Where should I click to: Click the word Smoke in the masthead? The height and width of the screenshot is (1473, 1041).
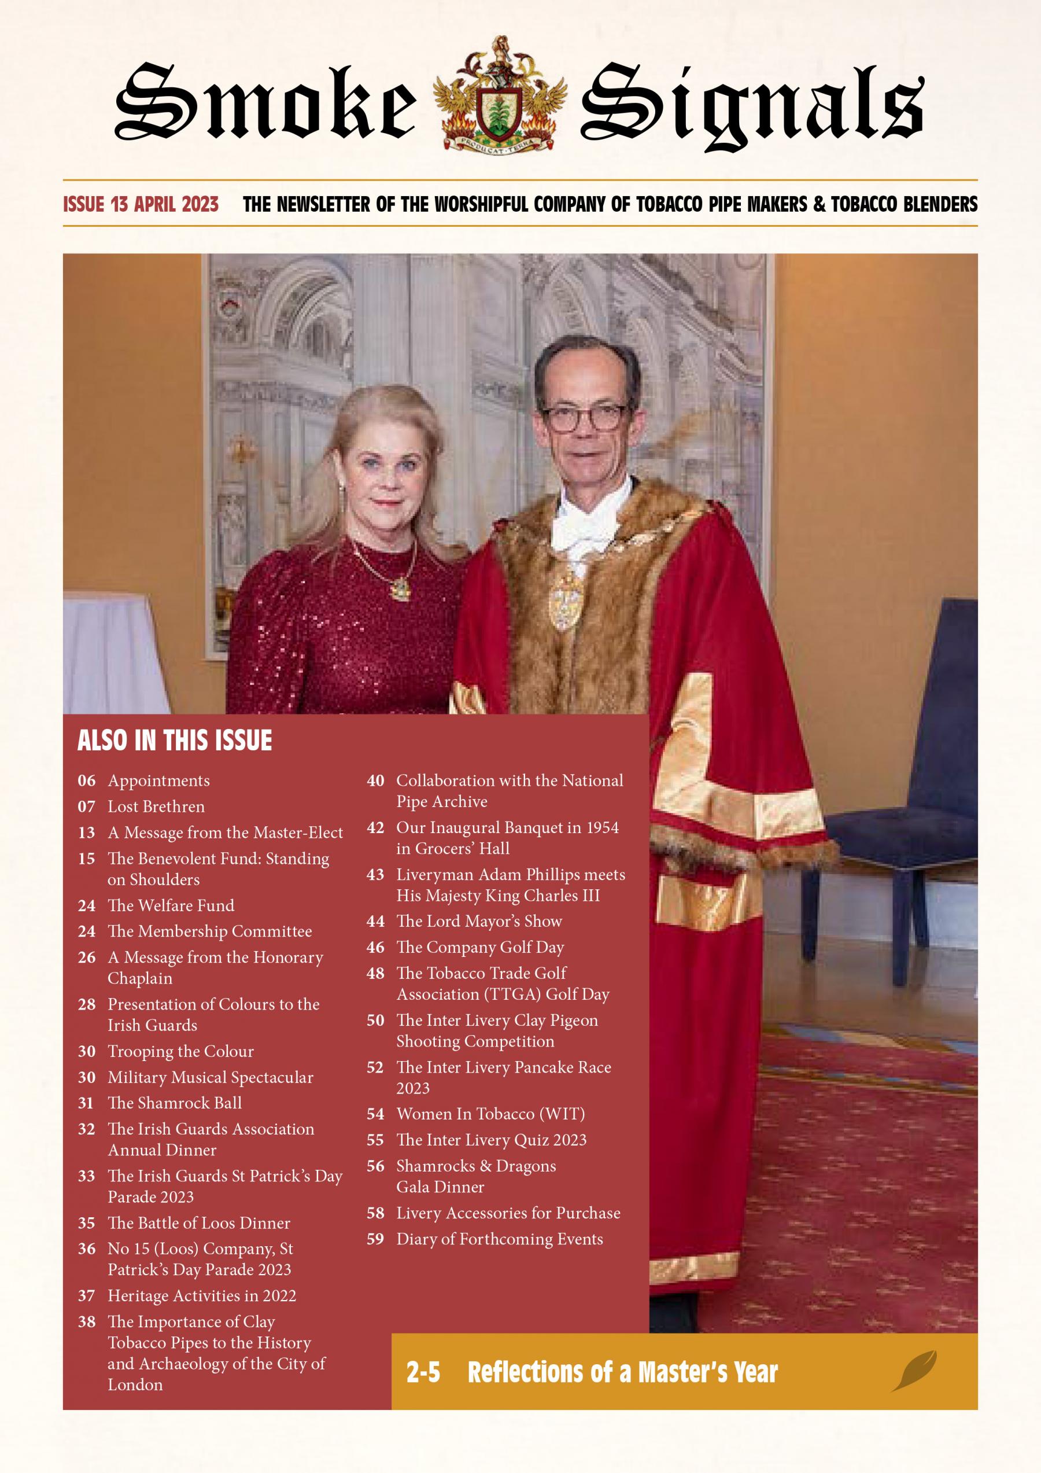265,102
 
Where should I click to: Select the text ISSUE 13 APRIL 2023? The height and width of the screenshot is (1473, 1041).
141,204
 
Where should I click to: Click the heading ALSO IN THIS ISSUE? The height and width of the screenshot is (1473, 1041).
175,741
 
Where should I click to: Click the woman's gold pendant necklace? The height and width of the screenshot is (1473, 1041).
398,585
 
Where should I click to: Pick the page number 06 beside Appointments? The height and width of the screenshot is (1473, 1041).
87,781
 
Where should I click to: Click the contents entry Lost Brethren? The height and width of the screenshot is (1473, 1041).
156,807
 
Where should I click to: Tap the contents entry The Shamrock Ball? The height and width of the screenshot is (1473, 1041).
175,1103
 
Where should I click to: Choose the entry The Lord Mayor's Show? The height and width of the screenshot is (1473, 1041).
478,921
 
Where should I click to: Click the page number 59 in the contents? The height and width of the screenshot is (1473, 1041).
375,1239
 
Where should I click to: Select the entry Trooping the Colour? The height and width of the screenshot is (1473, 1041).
180,1051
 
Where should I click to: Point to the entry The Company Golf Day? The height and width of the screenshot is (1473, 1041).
480,947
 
